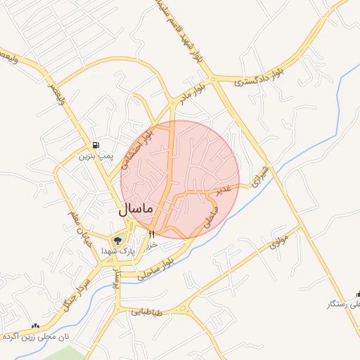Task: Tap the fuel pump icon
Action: (96, 144)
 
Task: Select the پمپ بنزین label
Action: (95, 155)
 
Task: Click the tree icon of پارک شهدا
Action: (118, 239)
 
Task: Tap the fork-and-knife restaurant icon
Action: (151, 234)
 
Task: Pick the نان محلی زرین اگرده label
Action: (35, 337)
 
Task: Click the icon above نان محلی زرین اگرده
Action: (35, 326)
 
